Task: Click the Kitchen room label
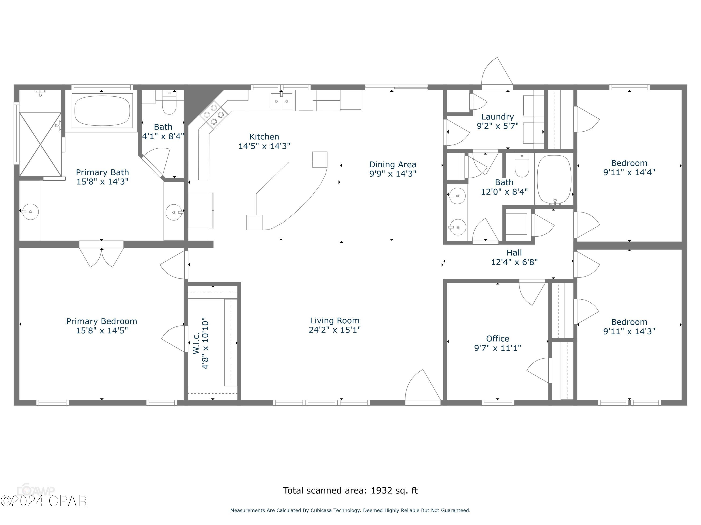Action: (x=264, y=137)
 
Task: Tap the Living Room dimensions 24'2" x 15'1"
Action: (x=335, y=330)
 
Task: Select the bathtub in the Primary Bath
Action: (x=102, y=111)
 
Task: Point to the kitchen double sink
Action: (x=281, y=101)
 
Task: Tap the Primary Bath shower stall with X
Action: (x=40, y=144)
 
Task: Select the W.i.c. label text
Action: (x=196, y=343)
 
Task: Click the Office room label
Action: (x=497, y=339)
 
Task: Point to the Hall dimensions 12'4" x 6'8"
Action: (x=514, y=262)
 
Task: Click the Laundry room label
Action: (x=497, y=117)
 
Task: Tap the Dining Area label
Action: (x=392, y=164)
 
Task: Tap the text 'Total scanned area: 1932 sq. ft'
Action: (x=350, y=490)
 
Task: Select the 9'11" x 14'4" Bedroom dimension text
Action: (x=629, y=172)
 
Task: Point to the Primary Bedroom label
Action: (x=101, y=321)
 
